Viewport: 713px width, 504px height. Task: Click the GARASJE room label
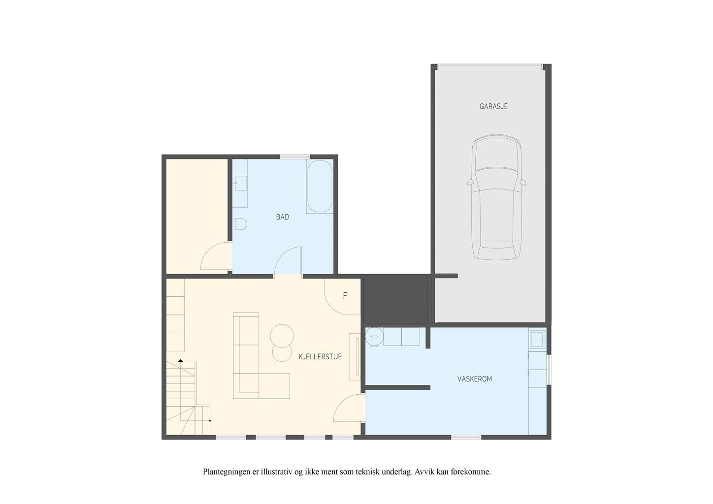[493, 106]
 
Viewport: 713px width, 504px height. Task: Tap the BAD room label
[282, 217]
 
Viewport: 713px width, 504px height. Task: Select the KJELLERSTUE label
[320, 357]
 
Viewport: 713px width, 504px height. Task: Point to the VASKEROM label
[475, 379]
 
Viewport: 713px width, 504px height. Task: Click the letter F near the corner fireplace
[345, 296]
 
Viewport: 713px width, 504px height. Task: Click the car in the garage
[496, 197]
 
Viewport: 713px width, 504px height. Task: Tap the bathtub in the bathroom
[320, 186]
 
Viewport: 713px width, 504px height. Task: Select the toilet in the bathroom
[239, 224]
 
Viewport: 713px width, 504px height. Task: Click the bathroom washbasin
[240, 183]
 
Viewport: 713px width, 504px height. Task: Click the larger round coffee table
[282, 336]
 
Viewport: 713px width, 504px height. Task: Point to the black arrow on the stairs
[181, 361]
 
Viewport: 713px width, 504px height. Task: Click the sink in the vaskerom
[537, 339]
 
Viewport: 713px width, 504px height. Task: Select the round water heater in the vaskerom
[374, 337]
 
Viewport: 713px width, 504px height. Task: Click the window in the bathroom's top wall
[295, 157]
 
